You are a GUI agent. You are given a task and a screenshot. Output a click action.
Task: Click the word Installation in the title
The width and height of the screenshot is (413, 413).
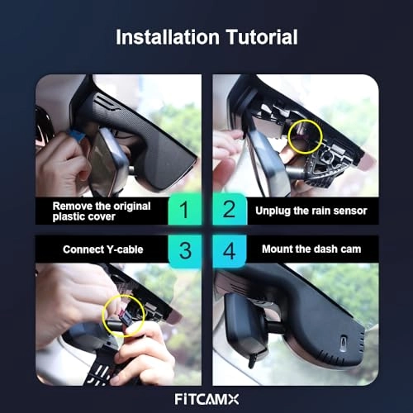coord(168,37)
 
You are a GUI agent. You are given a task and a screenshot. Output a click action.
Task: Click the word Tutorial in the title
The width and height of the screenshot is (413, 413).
coord(262,37)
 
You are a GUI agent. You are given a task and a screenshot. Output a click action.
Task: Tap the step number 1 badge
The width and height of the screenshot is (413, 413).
coord(185,209)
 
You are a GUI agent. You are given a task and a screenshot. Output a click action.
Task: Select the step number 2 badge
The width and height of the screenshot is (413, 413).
coord(229,209)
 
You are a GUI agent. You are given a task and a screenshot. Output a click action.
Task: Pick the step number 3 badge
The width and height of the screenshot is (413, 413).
coord(185,251)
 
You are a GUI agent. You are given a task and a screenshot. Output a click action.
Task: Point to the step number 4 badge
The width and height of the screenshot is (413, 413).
coord(229,251)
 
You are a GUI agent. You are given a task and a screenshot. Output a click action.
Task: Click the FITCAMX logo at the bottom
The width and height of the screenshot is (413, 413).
coord(206,399)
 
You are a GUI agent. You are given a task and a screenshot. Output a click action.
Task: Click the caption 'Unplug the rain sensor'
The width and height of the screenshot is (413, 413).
coord(311,211)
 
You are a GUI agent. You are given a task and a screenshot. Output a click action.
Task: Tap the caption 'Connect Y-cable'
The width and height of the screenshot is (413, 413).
coord(103,249)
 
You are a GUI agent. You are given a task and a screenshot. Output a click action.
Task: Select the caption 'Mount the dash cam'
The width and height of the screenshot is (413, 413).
coord(311,249)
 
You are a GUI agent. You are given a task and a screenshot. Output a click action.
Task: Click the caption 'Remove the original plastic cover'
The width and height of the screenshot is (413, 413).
coord(102,211)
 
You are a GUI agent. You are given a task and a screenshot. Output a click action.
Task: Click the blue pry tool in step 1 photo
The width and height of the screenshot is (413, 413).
coord(76,135)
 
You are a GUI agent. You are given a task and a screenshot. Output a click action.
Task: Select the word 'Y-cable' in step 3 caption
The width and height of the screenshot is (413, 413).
coord(125,249)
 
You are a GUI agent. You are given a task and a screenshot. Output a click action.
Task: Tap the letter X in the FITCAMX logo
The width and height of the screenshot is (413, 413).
coord(233,399)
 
